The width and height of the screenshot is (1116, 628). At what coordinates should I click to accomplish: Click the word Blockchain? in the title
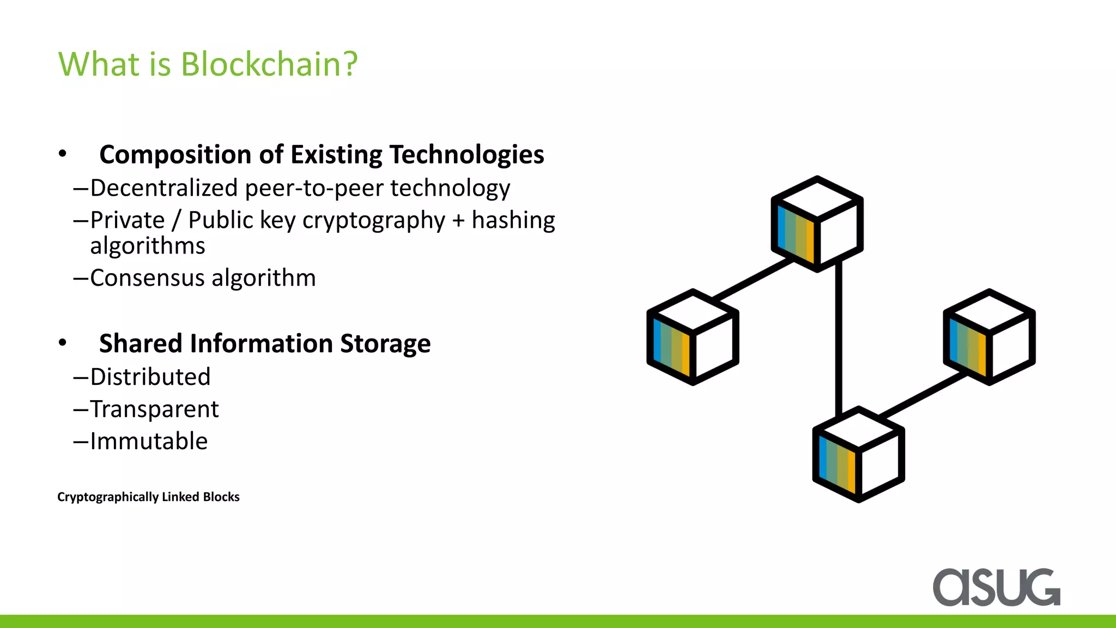coord(269,64)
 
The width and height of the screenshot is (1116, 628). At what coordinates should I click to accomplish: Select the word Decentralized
coord(164,188)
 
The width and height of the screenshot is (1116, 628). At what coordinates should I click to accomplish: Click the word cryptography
coord(374,221)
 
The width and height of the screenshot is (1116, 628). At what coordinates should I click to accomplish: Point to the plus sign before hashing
coord(459,221)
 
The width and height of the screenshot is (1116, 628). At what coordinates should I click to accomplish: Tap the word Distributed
coord(150,377)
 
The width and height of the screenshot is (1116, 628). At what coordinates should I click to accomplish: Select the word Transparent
coord(154,409)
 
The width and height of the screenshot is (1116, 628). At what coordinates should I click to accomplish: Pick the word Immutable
coord(149,442)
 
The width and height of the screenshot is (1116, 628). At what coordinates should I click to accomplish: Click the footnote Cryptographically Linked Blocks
coord(148,497)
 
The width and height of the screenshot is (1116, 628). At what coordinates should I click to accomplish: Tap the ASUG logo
coord(996,587)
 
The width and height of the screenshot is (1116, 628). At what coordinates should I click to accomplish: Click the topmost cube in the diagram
coord(817,224)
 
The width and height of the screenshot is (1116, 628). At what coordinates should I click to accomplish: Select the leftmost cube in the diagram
coord(693,337)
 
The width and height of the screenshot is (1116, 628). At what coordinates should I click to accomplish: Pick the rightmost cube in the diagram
coord(989,337)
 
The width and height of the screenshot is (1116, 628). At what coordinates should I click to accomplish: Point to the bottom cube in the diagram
coord(858,454)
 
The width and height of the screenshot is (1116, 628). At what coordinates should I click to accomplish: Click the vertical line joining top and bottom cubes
coord(839,338)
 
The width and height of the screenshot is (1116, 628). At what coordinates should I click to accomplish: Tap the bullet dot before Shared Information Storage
coord(63,343)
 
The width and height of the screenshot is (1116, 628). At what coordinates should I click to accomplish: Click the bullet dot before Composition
coord(63,154)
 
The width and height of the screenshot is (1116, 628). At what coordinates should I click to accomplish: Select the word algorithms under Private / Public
coord(148,246)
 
